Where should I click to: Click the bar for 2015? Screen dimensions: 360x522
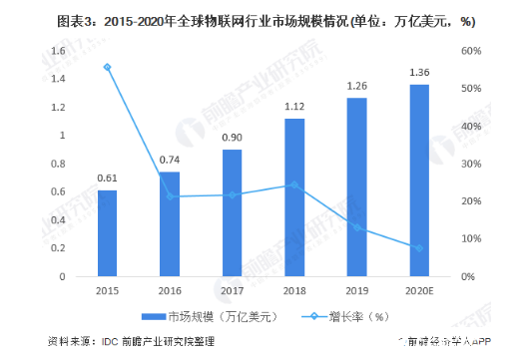pyautogui.click(x=107, y=233)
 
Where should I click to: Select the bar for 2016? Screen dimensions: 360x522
pyautogui.click(x=170, y=224)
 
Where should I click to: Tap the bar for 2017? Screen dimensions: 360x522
pyautogui.click(x=232, y=212)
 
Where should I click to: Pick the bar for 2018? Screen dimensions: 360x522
pyautogui.click(x=294, y=197)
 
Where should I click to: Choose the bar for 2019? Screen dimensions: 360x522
pyautogui.click(x=357, y=187)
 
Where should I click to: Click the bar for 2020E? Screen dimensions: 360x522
pyautogui.click(x=419, y=180)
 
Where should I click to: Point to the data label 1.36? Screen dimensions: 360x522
pyautogui.click(x=419, y=73)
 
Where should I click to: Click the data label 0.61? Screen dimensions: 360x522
pyautogui.click(x=107, y=179)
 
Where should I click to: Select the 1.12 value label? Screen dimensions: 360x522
pyautogui.click(x=294, y=107)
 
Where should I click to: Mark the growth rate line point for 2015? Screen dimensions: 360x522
pyautogui.click(x=107, y=67)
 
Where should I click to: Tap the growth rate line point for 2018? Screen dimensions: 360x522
pyautogui.click(x=294, y=184)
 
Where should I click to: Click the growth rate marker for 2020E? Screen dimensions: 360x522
pyautogui.click(x=419, y=247)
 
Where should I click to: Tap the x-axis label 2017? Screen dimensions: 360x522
pyautogui.click(x=232, y=291)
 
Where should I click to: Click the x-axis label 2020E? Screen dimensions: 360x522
pyautogui.click(x=419, y=291)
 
